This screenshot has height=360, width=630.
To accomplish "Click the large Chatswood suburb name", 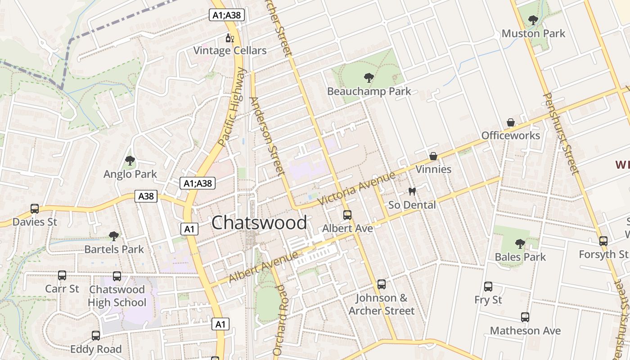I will point(259,223).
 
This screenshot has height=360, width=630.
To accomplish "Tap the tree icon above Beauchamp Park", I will point(369,78).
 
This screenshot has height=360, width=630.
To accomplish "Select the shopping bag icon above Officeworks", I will point(511,122).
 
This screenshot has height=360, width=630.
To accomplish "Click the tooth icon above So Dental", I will point(412,192).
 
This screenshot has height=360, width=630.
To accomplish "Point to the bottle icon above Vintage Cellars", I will point(229,38).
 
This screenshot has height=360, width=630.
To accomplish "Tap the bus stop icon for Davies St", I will point(35,209).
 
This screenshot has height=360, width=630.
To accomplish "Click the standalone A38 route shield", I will point(146,196).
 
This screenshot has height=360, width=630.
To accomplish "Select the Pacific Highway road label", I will point(233,107).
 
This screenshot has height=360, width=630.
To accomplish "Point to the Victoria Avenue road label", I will point(356,188).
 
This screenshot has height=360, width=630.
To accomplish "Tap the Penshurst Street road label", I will point(560,133).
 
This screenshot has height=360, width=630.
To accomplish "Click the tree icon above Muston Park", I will point(533,20).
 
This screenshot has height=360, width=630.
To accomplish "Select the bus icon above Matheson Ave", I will point(525,317).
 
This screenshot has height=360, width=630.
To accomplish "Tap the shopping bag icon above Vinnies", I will point(433,156).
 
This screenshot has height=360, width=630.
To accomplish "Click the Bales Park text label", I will point(520,257).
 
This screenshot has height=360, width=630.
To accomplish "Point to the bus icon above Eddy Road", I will point(96,336).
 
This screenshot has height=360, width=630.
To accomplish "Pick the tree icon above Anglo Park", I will point(130,161).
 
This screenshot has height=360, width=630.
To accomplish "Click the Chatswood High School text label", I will point(117,296).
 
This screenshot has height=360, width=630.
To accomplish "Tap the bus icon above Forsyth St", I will point(603,241).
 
